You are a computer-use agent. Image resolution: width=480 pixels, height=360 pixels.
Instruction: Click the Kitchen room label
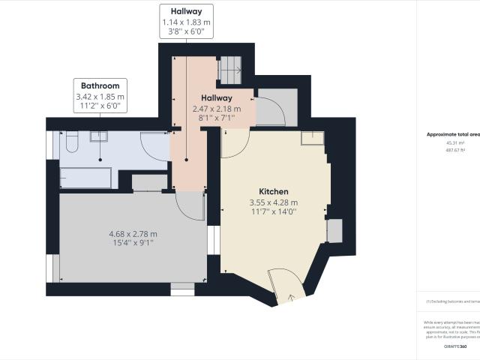coord(274,191)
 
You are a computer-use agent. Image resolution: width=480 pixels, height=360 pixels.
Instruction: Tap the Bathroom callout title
coord(100,86)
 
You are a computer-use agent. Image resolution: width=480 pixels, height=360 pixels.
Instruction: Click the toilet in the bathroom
coord(70,142)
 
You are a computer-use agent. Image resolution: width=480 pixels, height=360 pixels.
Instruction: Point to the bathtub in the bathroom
coord(86,178)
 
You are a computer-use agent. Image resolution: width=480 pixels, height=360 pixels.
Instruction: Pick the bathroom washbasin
coord(99,136)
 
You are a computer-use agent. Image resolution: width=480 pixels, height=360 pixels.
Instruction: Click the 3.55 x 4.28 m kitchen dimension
coord(274,202)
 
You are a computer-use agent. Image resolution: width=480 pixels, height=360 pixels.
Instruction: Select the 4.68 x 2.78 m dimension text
coord(133,234)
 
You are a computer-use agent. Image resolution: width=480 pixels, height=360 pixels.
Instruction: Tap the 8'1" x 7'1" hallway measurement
coord(216,118)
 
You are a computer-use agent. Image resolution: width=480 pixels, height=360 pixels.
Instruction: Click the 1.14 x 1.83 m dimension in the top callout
coord(186,22)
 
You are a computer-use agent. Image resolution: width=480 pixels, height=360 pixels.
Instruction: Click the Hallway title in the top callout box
coord(186,11)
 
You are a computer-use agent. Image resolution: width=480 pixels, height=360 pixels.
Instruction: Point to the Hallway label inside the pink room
coord(216,98)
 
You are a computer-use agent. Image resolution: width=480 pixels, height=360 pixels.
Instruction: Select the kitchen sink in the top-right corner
coord(312,137)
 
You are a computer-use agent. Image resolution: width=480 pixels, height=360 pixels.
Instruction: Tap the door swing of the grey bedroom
coord(190,205)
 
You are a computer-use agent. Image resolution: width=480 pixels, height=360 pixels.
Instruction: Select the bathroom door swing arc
coord(154,146)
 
